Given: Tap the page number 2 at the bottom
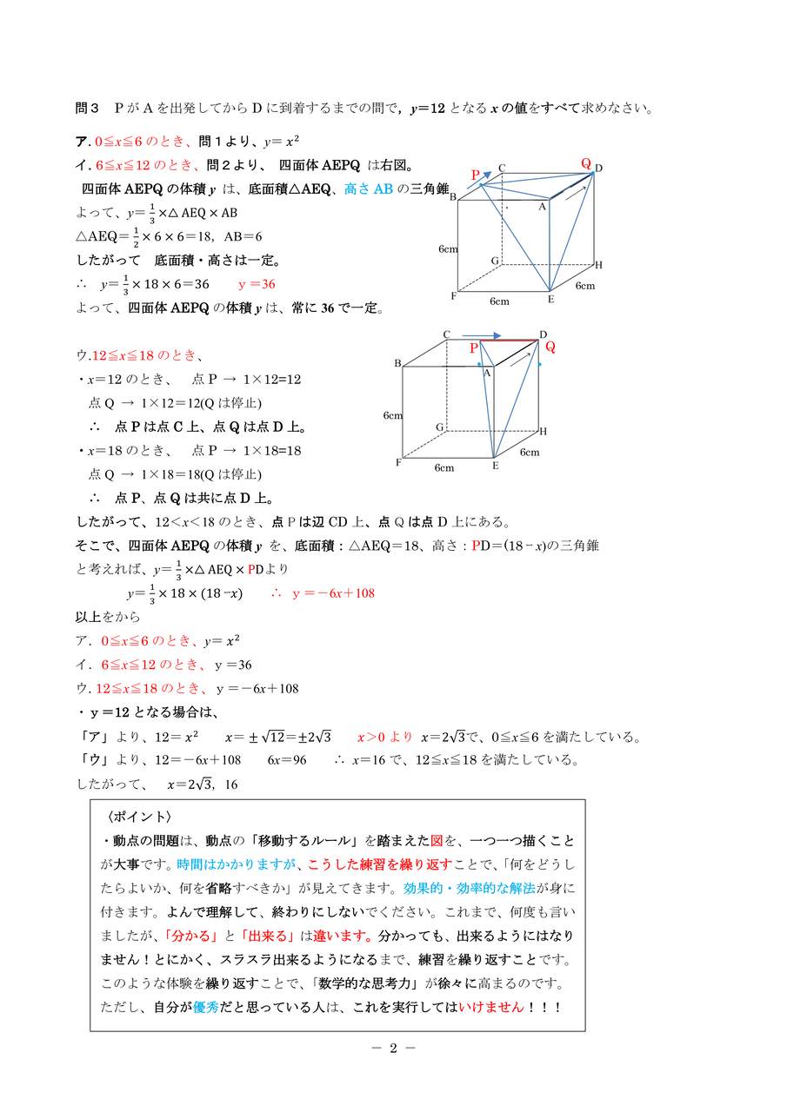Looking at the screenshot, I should tap(393, 1048).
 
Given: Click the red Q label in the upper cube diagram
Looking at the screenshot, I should tap(586, 162).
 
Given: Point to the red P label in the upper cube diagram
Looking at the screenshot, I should tap(476, 175).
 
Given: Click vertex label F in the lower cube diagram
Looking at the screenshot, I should tap(398, 462).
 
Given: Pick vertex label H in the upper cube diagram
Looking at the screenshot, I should tap(598, 265).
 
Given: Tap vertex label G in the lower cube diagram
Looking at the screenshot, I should tap(440, 427).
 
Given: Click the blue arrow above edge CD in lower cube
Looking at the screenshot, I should tap(482, 334).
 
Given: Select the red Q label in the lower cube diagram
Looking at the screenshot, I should tap(550, 347).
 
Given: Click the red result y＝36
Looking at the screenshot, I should tap(257, 284).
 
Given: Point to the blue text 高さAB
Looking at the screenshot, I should tap(369, 189).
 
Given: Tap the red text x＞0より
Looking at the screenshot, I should tap(384, 738).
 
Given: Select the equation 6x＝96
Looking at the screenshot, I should tap(287, 760).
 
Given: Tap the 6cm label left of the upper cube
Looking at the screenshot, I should tap(448, 249).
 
